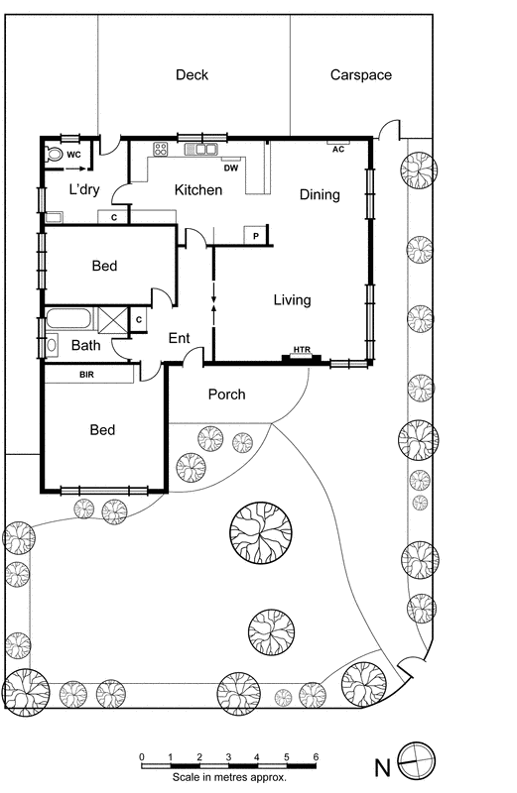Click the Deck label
click(192, 75)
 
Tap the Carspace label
click(360, 75)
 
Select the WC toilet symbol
click(53, 155)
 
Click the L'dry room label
click(86, 189)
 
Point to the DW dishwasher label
click(230, 168)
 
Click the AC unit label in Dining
click(337, 149)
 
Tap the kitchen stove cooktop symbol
click(160, 150)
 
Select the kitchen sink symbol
click(206, 150)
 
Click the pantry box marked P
click(256, 235)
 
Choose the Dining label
click(320, 195)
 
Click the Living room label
click(292, 300)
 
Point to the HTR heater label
click(301, 351)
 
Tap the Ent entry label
click(179, 339)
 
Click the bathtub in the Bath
click(68, 320)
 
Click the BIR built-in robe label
click(86, 375)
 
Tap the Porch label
click(226, 395)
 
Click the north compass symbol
click(415, 764)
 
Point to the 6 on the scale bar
click(316, 755)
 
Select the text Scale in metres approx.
click(228, 777)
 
